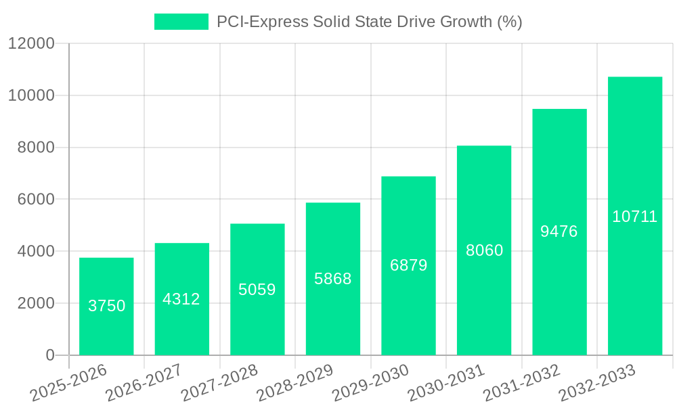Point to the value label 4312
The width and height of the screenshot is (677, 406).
(181, 299)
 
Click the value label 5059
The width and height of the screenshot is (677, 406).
(257, 290)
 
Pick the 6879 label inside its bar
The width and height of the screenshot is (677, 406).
(408, 265)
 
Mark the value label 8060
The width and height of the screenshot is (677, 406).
(484, 250)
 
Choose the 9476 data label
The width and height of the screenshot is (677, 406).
(559, 231)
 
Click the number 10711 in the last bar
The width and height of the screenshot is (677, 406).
(635, 217)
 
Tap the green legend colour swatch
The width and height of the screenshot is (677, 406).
(181, 22)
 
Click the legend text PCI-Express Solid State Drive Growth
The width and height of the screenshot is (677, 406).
(369, 22)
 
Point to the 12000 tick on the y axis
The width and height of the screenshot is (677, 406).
(30, 43)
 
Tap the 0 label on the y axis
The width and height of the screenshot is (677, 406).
(50, 355)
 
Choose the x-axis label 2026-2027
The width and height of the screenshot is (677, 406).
(144, 382)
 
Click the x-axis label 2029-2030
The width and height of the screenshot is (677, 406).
(370, 382)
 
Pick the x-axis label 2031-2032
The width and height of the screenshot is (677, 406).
(521, 382)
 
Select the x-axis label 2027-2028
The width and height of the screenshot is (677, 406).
(219, 382)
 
